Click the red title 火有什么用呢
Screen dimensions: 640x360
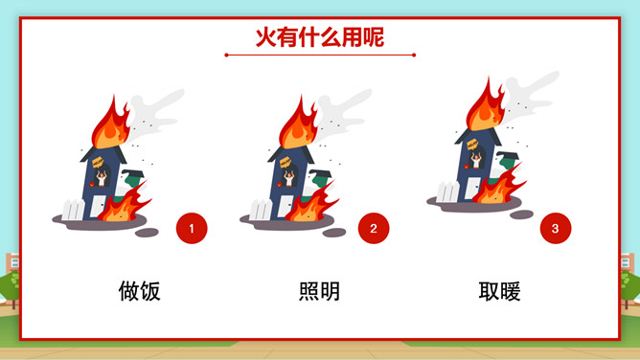tap(320, 37)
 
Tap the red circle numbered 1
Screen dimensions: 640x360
tap(192, 228)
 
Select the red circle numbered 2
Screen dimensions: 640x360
tap(374, 228)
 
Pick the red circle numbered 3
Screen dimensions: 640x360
tap(556, 228)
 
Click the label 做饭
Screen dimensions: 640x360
tap(140, 291)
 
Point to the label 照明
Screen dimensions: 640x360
tap(320, 291)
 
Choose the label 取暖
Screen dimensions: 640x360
tap(499, 291)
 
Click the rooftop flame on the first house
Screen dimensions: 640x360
tap(110, 124)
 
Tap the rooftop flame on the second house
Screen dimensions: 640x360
tap(298, 124)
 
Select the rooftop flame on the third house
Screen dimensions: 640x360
tap(485, 107)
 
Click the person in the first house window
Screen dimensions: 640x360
tap(102, 178)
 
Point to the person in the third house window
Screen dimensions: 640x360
tap(476, 160)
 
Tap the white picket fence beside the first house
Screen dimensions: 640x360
tap(74, 210)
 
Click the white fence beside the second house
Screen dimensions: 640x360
tap(262, 210)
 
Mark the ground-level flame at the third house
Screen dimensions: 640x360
tap(497, 186)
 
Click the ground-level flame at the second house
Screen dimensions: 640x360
tap(311, 203)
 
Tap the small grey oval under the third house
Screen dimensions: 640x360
tap(521, 214)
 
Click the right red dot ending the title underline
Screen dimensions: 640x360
tap(414, 55)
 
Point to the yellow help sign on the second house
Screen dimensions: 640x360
tap(285, 163)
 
